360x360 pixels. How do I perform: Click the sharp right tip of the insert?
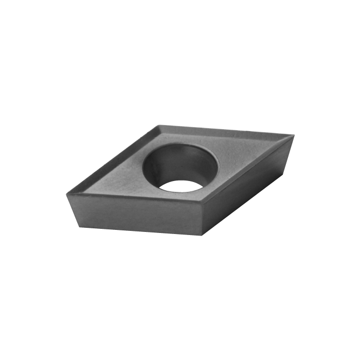[x=293, y=135]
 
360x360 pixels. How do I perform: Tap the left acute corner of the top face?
[x=67, y=193]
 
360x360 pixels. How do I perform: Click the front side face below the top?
[x=139, y=217]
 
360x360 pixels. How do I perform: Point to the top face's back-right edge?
[x=226, y=130]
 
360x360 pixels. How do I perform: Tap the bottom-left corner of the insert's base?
[x=79, y=226]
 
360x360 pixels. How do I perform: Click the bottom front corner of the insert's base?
[x=201, y=236]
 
